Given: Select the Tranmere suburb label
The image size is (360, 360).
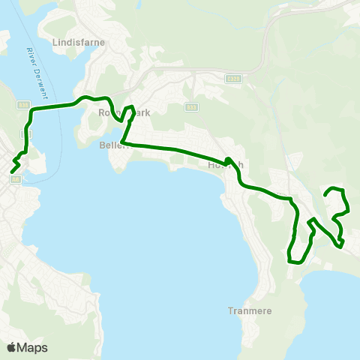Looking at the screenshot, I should pos(250,310).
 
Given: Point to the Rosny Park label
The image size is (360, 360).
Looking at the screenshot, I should pos(124,112).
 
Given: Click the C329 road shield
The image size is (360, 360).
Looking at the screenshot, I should pos(232,78).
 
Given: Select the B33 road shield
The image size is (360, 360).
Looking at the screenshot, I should pos(192,106).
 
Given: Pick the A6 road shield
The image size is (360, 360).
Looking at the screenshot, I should pos(15,178).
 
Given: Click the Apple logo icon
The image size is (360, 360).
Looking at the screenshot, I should pos(11,347).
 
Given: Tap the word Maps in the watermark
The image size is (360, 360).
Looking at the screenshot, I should pos(32,347).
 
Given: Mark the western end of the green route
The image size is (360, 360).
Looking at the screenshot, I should pos(12,172).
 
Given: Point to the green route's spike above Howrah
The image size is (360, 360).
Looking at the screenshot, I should pos(226,159).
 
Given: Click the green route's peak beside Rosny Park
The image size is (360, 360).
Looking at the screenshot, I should pos(132,107).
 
